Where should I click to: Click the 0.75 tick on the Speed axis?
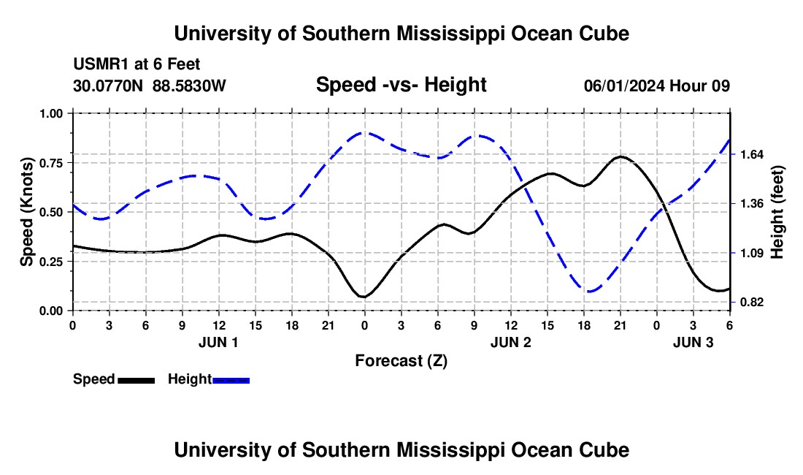coord(53,162)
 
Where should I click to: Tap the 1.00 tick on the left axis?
coord(53,113)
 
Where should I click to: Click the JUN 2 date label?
coord(510,341)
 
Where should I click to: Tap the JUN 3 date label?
coord(693,341)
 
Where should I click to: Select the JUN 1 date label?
coord(218,341)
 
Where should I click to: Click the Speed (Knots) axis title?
coord(26,212)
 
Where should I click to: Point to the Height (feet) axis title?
coord(777,212)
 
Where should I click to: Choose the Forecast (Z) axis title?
coord(401,360)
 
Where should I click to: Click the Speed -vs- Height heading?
coord(401,85)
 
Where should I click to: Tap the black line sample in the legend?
coord(136,379)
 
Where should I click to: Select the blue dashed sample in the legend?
coord(231,379)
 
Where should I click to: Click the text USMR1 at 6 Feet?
coord(137,64)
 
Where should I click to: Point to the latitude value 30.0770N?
coord(109,85)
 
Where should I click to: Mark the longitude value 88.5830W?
coord(189,85)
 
